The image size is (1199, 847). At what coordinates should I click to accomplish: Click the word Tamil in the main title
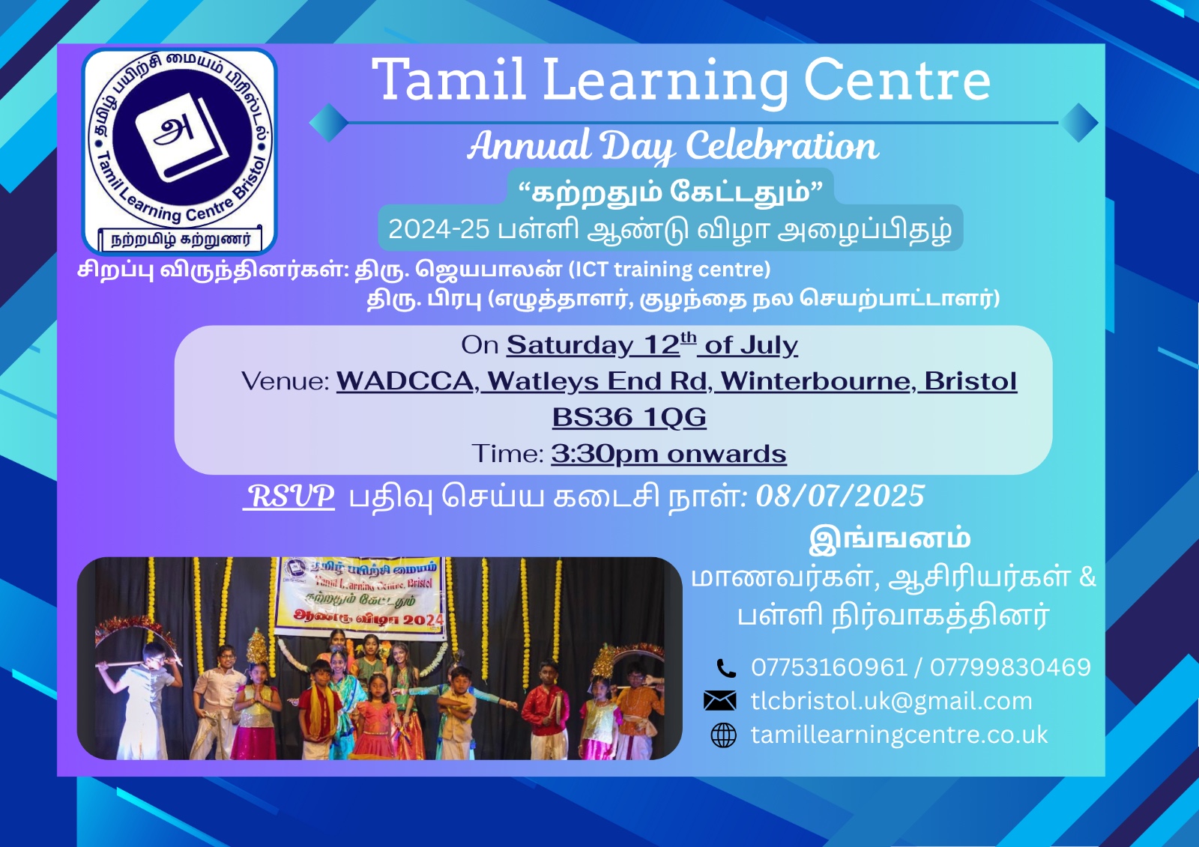(x=449, y=79)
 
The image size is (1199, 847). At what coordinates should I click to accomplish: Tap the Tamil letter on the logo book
(x=173, y=130)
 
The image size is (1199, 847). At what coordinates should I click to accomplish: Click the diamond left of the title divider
(x=329, y=123)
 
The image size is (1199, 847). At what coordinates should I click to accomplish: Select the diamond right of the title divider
(x=1078, y=123)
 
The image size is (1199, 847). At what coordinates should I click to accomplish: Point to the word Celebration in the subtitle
(x=782, y=145)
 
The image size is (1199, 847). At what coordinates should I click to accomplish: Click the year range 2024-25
(x=438, y=229)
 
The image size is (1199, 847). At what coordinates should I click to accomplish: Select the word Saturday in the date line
(x=570, y=345)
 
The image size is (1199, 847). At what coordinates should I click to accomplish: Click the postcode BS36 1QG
(x=629, y=417)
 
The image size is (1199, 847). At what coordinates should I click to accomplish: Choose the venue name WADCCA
(x=405, y=381)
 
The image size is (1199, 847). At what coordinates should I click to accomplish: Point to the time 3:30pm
(x=604, y=454)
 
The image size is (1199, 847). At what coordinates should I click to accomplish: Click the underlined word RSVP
(x=289, y=496)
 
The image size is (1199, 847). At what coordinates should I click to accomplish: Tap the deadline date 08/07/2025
(x=840, y=496)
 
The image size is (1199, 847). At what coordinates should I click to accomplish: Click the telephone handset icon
(x=726, y=668)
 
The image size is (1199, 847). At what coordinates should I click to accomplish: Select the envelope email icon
(x=720, y=700)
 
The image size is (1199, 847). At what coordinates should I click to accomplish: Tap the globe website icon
(x=724, y=735)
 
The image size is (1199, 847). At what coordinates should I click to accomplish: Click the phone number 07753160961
(x=829, y=667)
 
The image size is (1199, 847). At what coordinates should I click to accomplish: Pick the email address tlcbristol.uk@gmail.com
(x=891, y=701)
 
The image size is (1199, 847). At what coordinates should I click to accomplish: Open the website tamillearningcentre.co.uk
(x=899, y=735)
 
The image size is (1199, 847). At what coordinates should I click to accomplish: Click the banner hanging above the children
(x=360, y=598)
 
